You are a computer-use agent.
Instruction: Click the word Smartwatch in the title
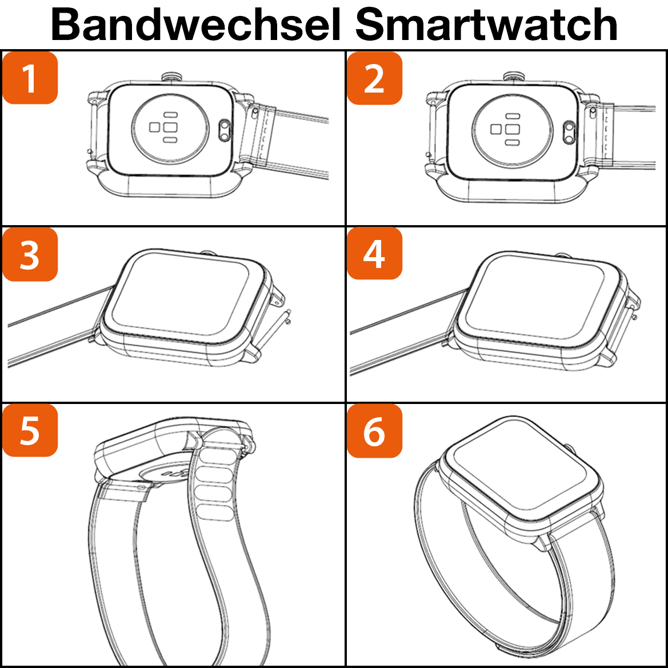click(486, 24)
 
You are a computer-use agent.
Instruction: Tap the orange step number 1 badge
click(30, 78)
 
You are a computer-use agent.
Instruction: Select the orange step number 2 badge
click(374, 78)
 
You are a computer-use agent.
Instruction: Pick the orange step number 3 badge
click(30, 254)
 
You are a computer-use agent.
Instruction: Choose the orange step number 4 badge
click(374, 254)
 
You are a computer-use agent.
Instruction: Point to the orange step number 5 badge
click(30, 430)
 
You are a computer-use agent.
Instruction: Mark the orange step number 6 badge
click(374, 431)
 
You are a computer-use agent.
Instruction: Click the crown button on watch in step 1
click(172, 77)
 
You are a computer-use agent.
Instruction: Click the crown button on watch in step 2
click(513, 77)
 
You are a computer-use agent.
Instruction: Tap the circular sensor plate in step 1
click(170, 127)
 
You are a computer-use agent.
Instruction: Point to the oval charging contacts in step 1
click(225, 130)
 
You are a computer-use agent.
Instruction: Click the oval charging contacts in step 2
click(569, 132)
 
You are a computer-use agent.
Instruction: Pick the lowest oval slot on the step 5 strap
click(217, 512)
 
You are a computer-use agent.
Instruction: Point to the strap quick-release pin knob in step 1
click(255, 113)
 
